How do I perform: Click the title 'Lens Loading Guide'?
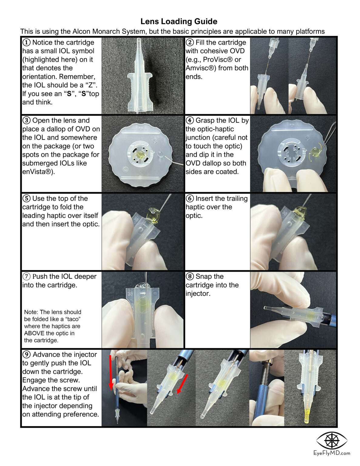(x=179, y=22)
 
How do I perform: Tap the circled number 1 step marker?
(x=27, y=42)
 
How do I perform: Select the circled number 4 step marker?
(x=190, y=120)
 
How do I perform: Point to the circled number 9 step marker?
(x=27, y=354)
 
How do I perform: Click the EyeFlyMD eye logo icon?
(x=331, y=441)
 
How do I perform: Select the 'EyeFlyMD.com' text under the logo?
(x=331, y=453)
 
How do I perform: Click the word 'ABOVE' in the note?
(x=34, y=333)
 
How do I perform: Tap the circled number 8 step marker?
(x=190, y=276)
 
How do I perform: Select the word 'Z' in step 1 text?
(x=90, y=85)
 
